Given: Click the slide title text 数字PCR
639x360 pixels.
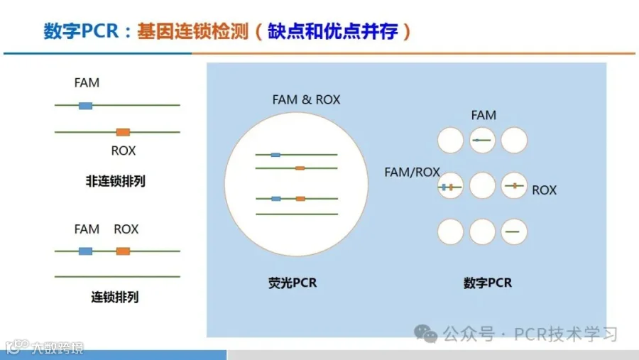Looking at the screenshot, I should [77, 32].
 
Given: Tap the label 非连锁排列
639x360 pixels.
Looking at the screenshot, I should [116, 180].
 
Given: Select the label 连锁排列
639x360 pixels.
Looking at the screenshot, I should [115, 297].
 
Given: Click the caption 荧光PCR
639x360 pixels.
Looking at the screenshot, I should [288, 283].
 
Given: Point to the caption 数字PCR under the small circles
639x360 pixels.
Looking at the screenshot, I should [488, 283].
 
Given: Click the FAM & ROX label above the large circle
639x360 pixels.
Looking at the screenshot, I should [306, 99].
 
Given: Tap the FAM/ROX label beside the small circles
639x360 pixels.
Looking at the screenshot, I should [412, 172].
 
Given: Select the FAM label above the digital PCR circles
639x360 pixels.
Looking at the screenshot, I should [484, 115].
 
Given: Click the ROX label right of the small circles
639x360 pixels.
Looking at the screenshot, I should [544, 190].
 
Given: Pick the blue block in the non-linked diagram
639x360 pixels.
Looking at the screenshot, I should [85, 106].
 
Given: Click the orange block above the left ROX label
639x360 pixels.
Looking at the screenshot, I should [123, 132].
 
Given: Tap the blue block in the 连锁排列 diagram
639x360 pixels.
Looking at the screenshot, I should [85, 251].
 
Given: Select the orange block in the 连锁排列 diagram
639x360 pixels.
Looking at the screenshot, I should [123, 251].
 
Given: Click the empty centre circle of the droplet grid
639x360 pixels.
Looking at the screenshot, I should [483, 186].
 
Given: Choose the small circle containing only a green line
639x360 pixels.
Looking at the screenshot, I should [515, 231].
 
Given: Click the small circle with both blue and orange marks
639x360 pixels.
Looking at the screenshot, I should [450, 187].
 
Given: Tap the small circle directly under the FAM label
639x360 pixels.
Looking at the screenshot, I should [483, 141].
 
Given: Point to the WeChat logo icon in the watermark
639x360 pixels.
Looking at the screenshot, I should [427, 333].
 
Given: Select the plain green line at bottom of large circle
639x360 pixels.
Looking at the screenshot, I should [296, 214].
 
